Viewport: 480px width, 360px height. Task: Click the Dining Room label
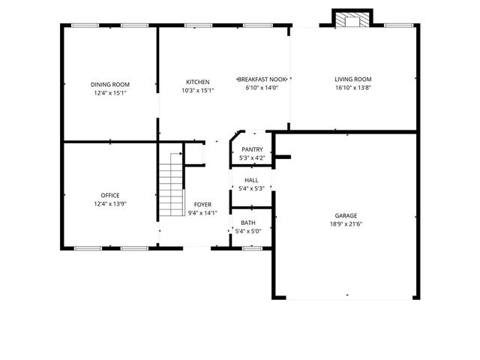pyautogui.click(x=109, y=84)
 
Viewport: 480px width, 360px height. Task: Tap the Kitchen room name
pyautogui.click(x=198, y=82)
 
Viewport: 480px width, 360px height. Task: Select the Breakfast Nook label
pyautogui.click(x=262, y=79)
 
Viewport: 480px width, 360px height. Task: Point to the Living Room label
pyautogui.click(x=352, y=79)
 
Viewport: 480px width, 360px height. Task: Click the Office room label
pyautogui.click(x=109, y=196)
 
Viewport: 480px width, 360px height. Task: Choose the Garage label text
pyautogui.click(x=346, y=214)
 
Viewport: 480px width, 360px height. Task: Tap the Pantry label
pyautogui.click(x=252, y=150)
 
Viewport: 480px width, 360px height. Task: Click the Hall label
pyautogui.click(x=252, y=181)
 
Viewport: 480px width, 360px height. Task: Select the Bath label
pyautogui.click(x=248, y=223)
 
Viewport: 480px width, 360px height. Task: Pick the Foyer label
pyautogui.click(x=202, y=205)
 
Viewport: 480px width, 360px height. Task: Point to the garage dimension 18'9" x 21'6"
pyautogui.click(x=346, y=223)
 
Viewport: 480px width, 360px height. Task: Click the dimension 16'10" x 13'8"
pyautogui.click(x=352, y=88)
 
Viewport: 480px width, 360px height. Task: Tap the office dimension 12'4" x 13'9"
pyautogui.click(x=109, y=204)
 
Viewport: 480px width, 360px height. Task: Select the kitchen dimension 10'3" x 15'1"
pyautogui.click(x=198, y=91)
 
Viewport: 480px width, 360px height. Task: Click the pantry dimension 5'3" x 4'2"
pyautogui.click(x=252, y=158)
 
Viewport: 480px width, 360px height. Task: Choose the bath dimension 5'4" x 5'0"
pyautogui.click(x=248, y=231)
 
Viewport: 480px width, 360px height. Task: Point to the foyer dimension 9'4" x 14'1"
pyautogui.click(x=202, y=213)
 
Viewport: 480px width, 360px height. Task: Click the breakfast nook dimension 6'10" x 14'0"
pyautogui.click(x=262, y=88)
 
